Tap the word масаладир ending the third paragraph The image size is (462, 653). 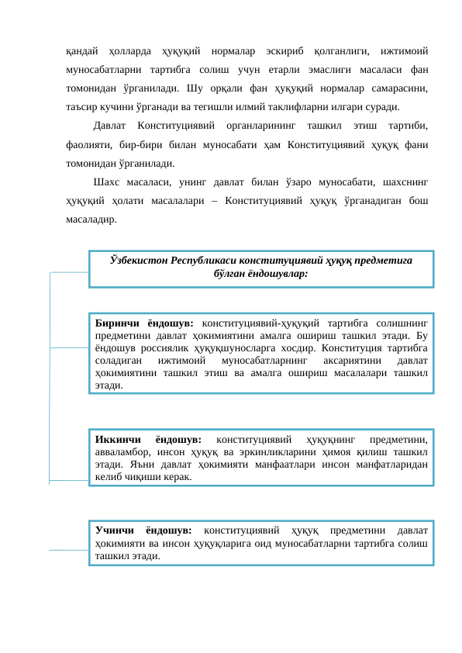coord(92,219)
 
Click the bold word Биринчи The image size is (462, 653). coord(115,323)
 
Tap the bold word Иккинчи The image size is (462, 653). coord(115,440)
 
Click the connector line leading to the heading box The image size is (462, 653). coord(68,273)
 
